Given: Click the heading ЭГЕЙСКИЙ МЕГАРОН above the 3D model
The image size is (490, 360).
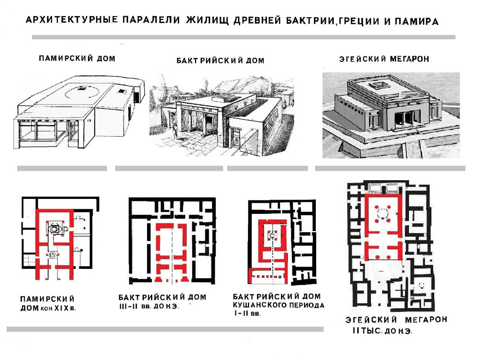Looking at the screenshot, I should [x=384, y=59].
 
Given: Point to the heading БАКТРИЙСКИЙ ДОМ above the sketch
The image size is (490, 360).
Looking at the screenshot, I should [x=220, y=61].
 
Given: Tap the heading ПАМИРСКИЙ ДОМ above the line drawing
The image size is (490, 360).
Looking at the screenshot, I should [x=77, y=59].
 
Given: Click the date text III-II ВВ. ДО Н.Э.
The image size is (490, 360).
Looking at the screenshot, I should [x=149, y=306].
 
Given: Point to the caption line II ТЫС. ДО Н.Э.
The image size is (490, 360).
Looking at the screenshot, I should [x=382, y=331].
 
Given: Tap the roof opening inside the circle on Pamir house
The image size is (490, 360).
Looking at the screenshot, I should [x=81, y=88].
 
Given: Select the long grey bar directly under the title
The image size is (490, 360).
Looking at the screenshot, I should [x=243, y=37].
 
